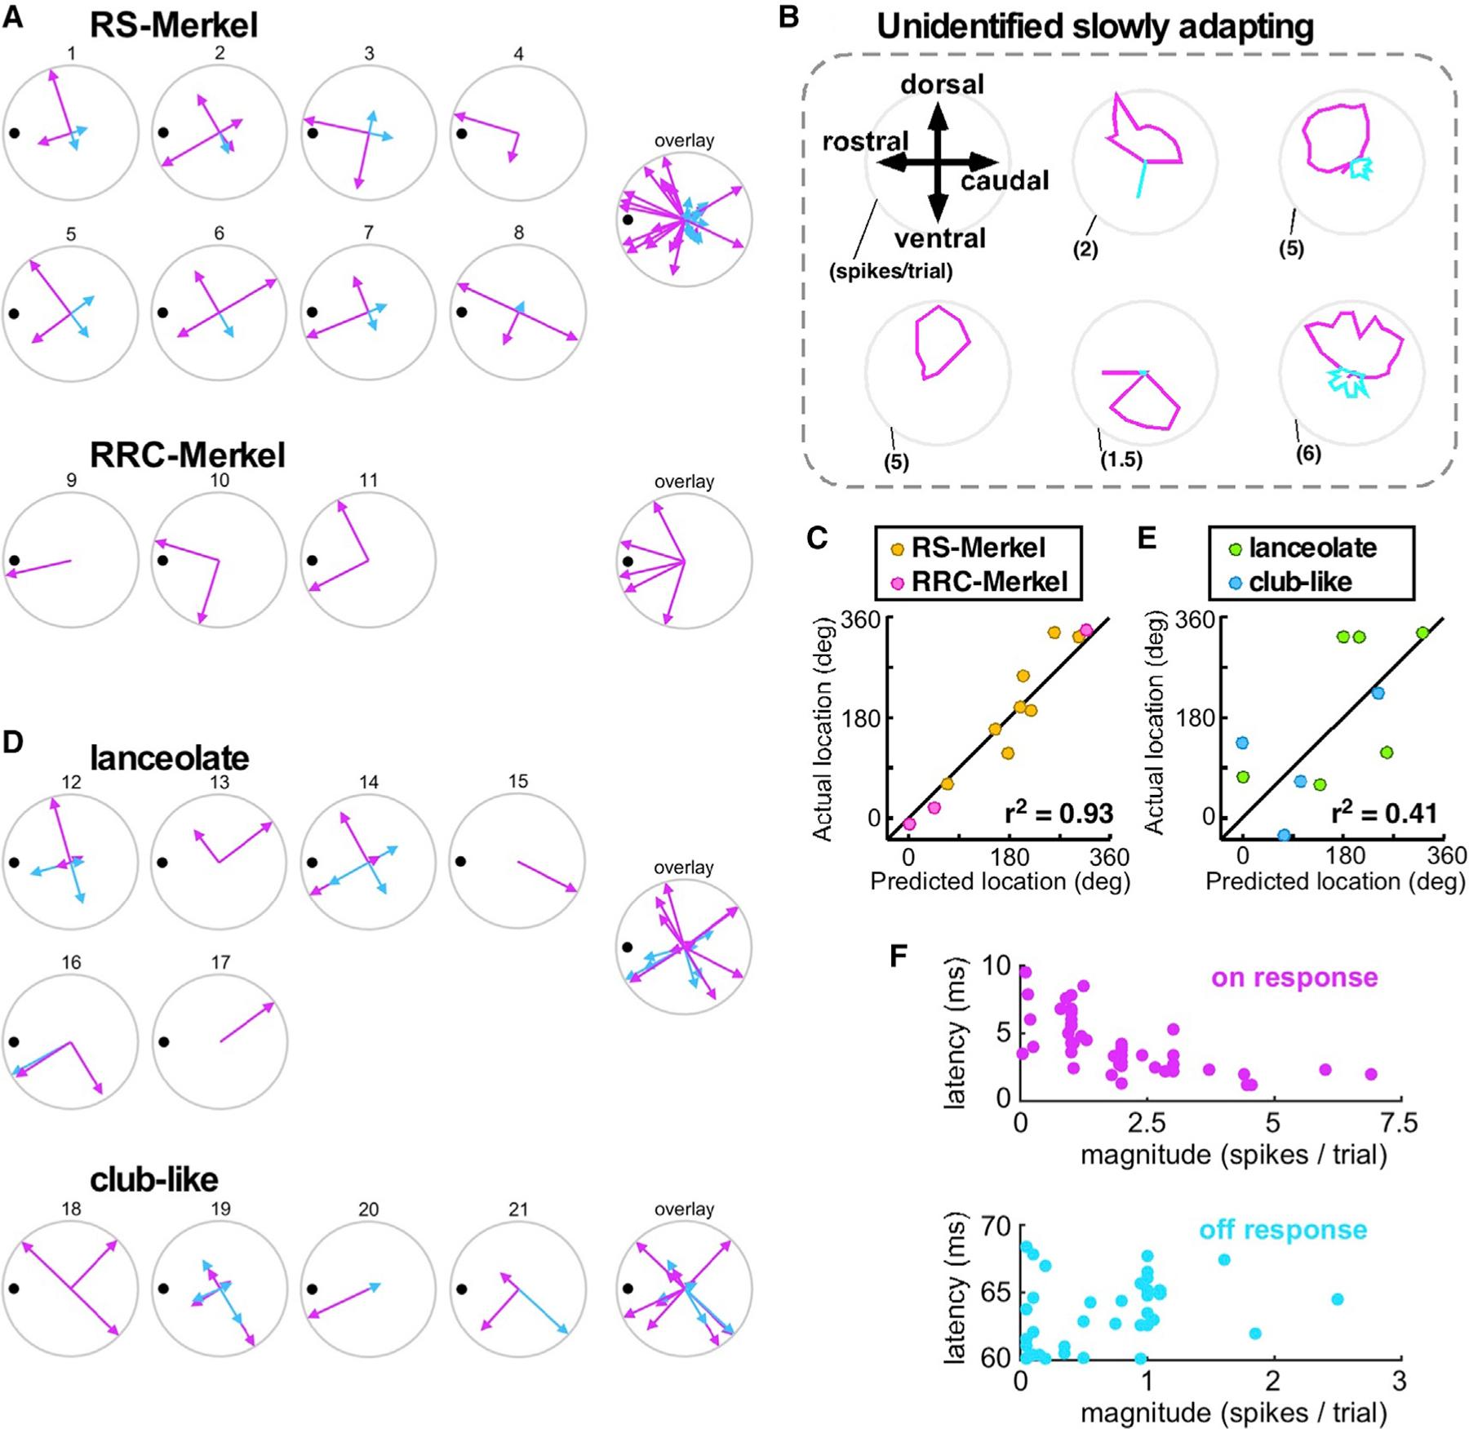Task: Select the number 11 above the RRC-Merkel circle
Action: coord(368,480)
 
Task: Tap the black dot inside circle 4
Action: coord(462,133)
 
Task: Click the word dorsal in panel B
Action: coord(942,84)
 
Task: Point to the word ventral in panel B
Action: coord(940,238)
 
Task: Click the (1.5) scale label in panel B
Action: coord(1121,459)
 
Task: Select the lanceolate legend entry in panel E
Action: coord(1311,548)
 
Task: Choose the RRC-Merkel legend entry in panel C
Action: coord(988,581)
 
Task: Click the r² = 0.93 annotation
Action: coord(1058,813)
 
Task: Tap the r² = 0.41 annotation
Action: coord(1384,813)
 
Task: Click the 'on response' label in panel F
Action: coord(1294,977)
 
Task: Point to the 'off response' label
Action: coord(1282,1230)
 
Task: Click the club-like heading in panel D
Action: coord(153,1179)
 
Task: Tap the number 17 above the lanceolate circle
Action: coord(220,962)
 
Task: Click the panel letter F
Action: coord(899,956)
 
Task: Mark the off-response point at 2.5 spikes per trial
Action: coord(1337,1298)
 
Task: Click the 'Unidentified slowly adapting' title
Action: coord(1094,26)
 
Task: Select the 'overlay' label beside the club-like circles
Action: coord(684,1209)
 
